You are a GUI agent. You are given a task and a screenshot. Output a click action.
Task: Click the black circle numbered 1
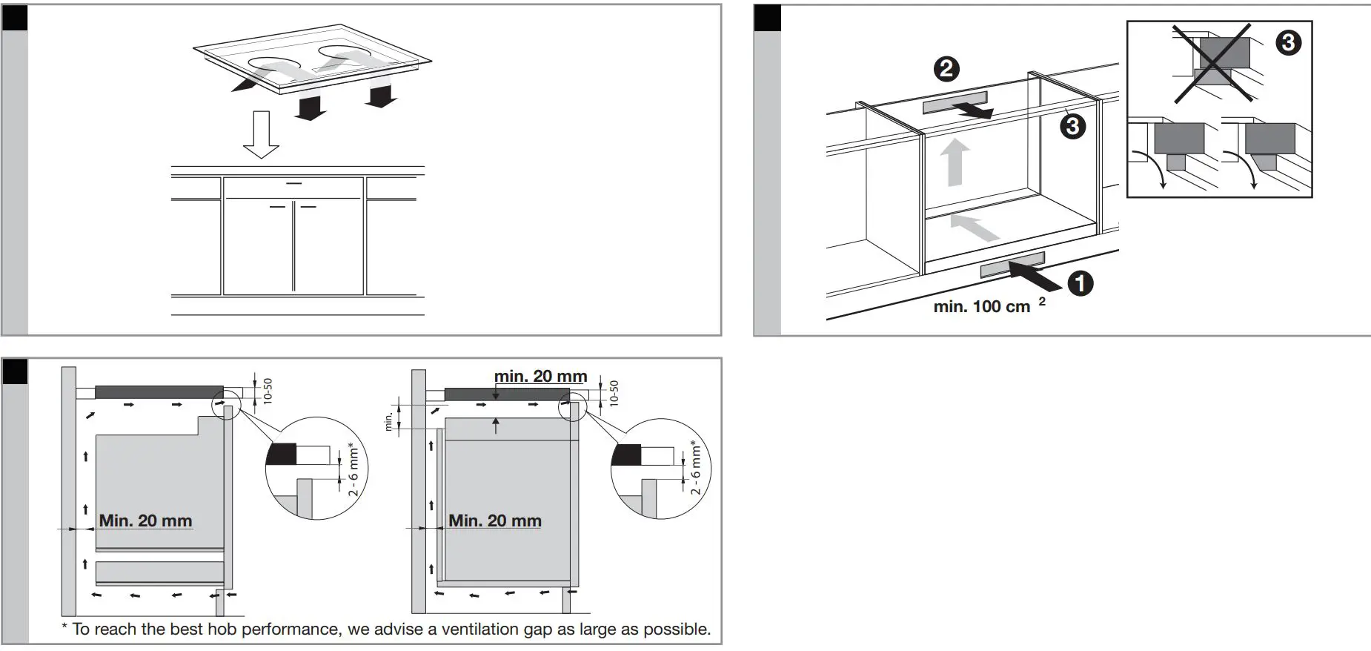tap(1080, 282)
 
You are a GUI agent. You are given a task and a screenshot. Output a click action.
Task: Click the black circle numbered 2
tap(946, 69)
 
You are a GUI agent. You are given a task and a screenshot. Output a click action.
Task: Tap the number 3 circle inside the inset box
tap(1288, 42)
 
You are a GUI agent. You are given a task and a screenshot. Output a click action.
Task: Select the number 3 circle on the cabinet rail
tap(1072, 126)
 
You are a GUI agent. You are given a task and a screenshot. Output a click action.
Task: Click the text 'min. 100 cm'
tap(981, 307)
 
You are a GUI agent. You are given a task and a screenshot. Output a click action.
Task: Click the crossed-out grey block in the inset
tap(1223, 53)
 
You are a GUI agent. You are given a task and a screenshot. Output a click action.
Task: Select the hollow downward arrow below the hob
tap(261, 136)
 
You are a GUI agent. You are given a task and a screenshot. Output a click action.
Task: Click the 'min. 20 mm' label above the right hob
tap(540, 377)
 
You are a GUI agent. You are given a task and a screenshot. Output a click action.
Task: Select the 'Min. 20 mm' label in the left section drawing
tap(145, 521)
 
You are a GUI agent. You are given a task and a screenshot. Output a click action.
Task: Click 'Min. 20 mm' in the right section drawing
tap(495, 521)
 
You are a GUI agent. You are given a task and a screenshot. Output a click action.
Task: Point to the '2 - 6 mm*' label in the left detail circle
tap(353, 470)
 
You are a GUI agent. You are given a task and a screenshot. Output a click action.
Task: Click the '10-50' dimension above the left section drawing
tap(268, 391)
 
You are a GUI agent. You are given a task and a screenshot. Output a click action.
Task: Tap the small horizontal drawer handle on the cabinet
tap(293, 182)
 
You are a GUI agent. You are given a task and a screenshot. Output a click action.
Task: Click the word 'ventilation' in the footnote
tap(484, 629)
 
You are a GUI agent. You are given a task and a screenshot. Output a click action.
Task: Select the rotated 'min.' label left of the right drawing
tap(388, 421)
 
